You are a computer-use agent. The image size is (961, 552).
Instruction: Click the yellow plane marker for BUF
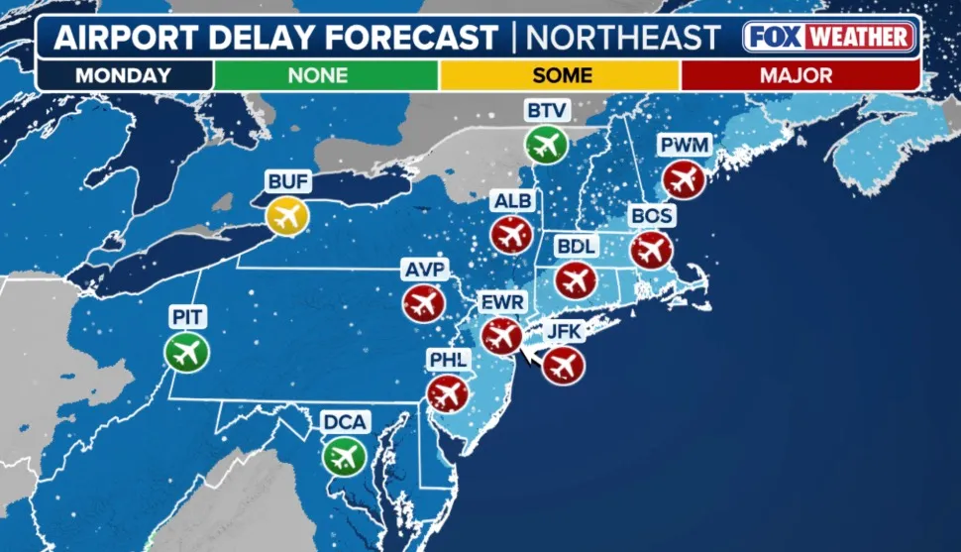(287, 216)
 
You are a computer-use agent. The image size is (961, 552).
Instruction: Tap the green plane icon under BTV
(545, 146)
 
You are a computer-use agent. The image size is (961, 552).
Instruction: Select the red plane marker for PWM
(684, 179)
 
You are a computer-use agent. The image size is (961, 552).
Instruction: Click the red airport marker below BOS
(651, 249)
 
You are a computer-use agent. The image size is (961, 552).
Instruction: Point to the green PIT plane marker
(186, 351)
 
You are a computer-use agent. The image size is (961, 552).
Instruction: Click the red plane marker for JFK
(563, 365)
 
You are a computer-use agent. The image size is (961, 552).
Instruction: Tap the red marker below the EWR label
(501, 336)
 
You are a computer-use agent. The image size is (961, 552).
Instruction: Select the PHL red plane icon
(447, 394)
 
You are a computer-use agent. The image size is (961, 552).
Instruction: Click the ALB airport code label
(512, 202)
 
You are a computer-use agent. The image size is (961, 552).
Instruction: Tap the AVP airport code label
(425, 270)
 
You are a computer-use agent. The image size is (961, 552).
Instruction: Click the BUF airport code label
(288, 181)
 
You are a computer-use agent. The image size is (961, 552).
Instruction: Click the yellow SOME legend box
(561, 75)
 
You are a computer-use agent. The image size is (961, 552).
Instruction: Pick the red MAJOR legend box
(799, 75)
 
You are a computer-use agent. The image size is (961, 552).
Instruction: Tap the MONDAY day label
(124, 75)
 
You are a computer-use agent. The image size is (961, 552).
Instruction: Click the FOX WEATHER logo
(828, 38)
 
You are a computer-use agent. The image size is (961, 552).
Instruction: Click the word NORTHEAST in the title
(622, 38)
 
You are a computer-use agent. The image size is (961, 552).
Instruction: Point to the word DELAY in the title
(254, 38)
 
